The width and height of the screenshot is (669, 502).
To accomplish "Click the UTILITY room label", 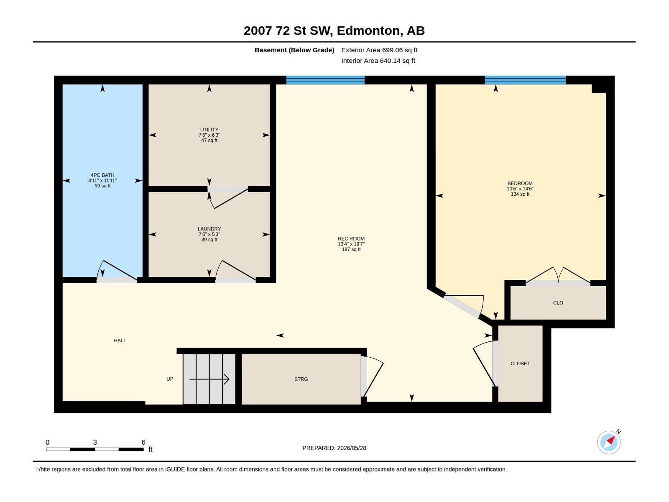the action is point(209,130).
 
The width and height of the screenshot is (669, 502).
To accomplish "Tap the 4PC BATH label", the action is point(102,175).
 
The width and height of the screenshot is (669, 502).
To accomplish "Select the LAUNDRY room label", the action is point(209,229).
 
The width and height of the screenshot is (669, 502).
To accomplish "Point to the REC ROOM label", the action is point(351,238).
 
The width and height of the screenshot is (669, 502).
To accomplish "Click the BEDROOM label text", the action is point(520,184).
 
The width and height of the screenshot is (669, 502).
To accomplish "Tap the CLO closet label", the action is point(558,302).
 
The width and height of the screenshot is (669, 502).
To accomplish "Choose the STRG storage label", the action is point(301,379).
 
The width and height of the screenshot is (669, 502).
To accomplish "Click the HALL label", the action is point(120,341).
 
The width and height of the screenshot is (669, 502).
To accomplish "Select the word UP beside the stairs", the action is point(170,379).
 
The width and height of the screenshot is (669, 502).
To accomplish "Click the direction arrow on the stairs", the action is point(209,379).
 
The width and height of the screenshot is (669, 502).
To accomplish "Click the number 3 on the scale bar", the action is point(95,442).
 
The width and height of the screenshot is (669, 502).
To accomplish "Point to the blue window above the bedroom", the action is point(525,80).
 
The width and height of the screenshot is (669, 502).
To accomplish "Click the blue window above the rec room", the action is point(325,80).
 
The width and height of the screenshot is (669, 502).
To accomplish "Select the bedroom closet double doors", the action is point(558,276).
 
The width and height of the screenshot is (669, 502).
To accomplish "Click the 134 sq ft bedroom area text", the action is point(520,194).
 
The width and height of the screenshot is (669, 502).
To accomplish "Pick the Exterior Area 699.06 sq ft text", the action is point(379,50).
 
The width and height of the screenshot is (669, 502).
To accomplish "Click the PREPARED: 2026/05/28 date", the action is point(334,448).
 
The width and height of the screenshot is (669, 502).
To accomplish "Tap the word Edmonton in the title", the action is point(368,31).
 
